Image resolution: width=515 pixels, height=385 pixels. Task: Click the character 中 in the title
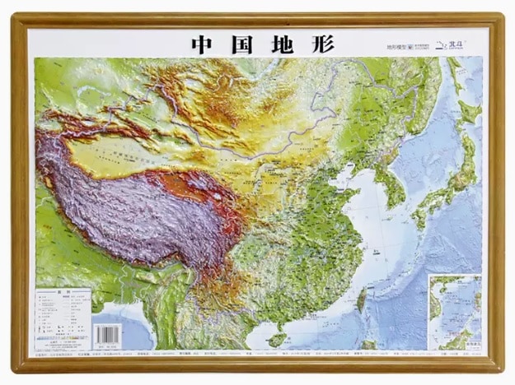[x=203, y=44]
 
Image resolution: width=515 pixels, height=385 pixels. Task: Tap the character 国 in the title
[x=242, y=44]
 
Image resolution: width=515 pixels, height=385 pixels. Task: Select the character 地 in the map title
[x=283, y=44]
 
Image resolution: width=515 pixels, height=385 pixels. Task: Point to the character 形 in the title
[x=322, y=44]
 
